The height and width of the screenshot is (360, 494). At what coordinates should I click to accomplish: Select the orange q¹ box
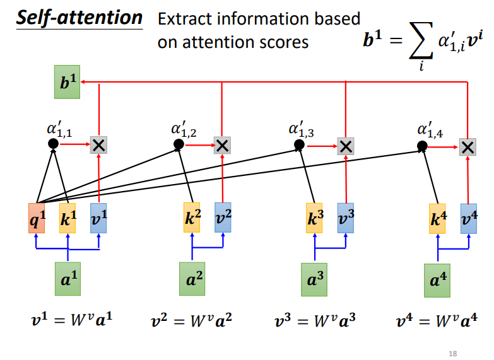point(37,218)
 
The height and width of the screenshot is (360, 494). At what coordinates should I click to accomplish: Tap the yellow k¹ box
point(68,218)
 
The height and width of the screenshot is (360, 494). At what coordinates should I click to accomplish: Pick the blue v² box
point(223,218)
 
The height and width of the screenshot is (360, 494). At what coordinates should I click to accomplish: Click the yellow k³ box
point(314,218)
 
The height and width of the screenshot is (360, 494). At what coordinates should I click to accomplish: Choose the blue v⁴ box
point(468,218)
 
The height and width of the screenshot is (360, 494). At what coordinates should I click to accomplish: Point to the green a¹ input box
point(68,280)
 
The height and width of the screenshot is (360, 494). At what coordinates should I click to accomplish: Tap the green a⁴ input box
point(437,280)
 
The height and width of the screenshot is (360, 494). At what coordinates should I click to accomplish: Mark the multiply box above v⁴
point(467,148)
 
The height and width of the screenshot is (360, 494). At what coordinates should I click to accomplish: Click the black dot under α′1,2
point(179,144)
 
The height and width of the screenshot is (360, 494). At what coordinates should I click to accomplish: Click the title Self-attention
point(79,17)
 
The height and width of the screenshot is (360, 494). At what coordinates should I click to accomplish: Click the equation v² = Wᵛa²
point(192,320)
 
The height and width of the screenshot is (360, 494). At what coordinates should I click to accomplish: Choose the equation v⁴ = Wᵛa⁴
point(437,320)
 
